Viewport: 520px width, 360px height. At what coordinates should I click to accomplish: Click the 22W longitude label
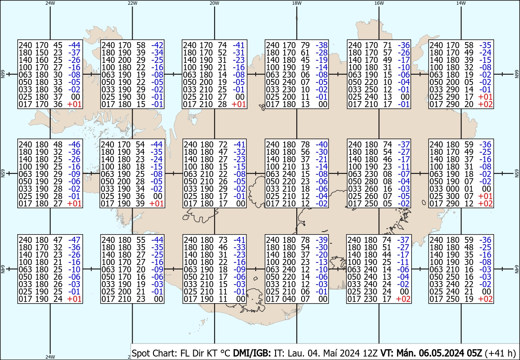[132, 3]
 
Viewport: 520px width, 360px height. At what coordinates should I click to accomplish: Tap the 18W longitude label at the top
[296, 3]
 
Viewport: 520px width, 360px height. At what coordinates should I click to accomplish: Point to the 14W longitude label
[461, 3]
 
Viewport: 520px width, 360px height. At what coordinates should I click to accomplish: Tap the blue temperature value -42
[157, 45]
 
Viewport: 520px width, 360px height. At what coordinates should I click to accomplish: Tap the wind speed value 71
[387, 45]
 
